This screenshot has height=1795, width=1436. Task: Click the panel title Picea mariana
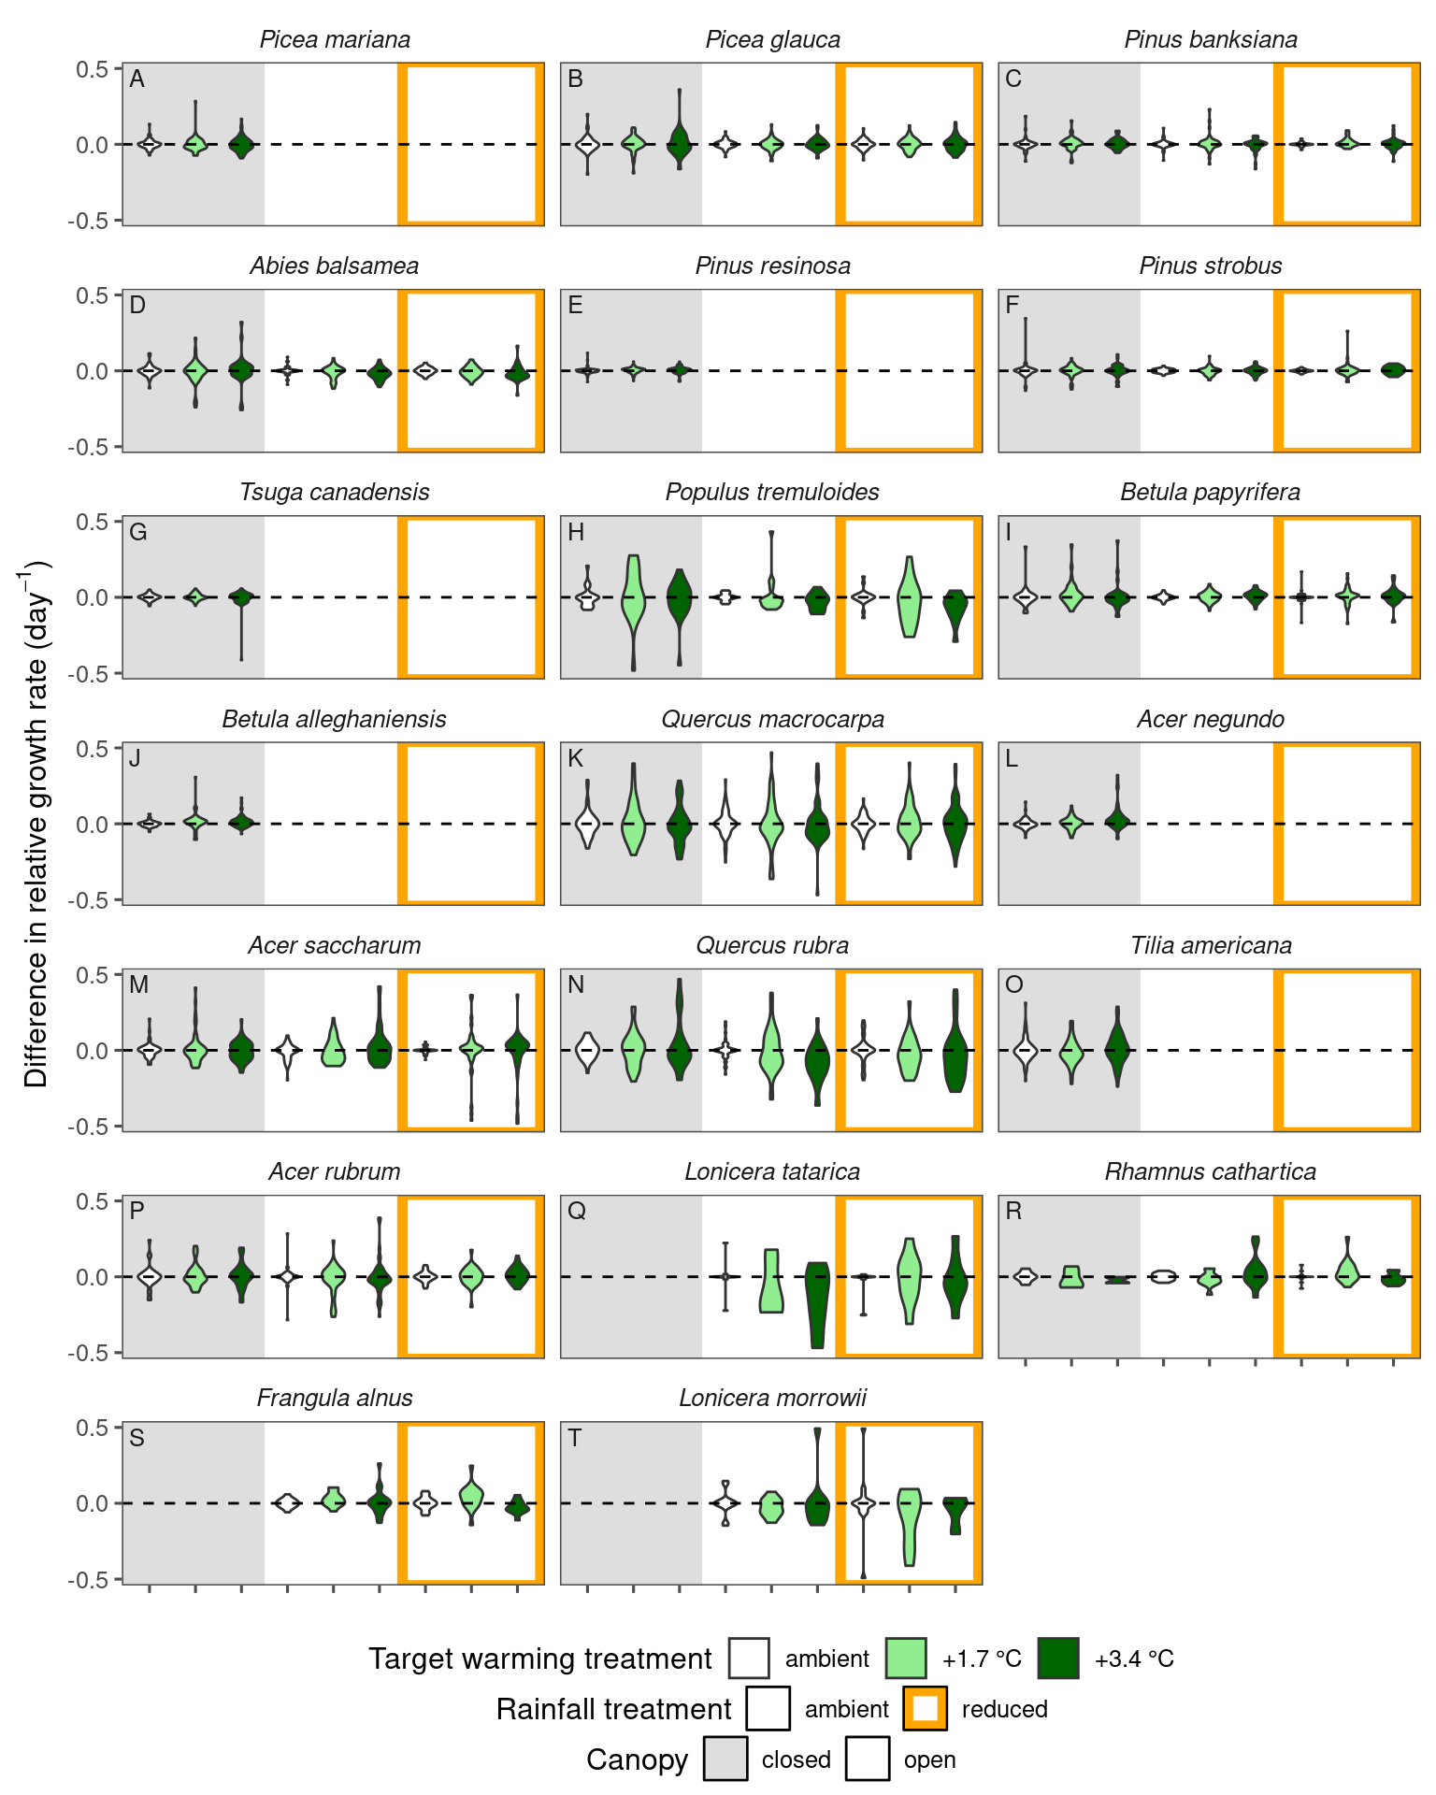(334, 40)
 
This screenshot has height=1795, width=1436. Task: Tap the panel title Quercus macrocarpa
(772, 719)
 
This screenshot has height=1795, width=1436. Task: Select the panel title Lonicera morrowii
(772, 1398)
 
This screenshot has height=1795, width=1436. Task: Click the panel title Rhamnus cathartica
(1210, 1171)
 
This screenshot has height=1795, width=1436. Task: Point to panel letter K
(576, 758)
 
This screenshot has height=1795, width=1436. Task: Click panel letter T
(575, 1437)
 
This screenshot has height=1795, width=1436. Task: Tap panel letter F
(1012, 306)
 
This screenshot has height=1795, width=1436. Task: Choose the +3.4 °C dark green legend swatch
(1058, 1659)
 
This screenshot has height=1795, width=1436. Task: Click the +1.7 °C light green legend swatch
(906, 1659)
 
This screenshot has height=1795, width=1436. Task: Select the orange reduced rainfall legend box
(926, 1709)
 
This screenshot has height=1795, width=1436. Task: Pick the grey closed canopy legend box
(725, 1759)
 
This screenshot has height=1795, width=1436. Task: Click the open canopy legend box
(868, 1759)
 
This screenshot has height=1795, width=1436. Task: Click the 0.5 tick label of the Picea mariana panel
(93, 68)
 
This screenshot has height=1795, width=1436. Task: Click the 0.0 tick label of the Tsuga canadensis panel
(93, 597)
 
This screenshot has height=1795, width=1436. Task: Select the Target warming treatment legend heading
(539, 1659)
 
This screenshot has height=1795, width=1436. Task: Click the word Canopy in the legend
(637, 1759)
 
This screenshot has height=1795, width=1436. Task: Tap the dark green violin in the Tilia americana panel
(1117, 1049)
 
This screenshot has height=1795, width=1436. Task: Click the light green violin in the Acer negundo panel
(1071, 823)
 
